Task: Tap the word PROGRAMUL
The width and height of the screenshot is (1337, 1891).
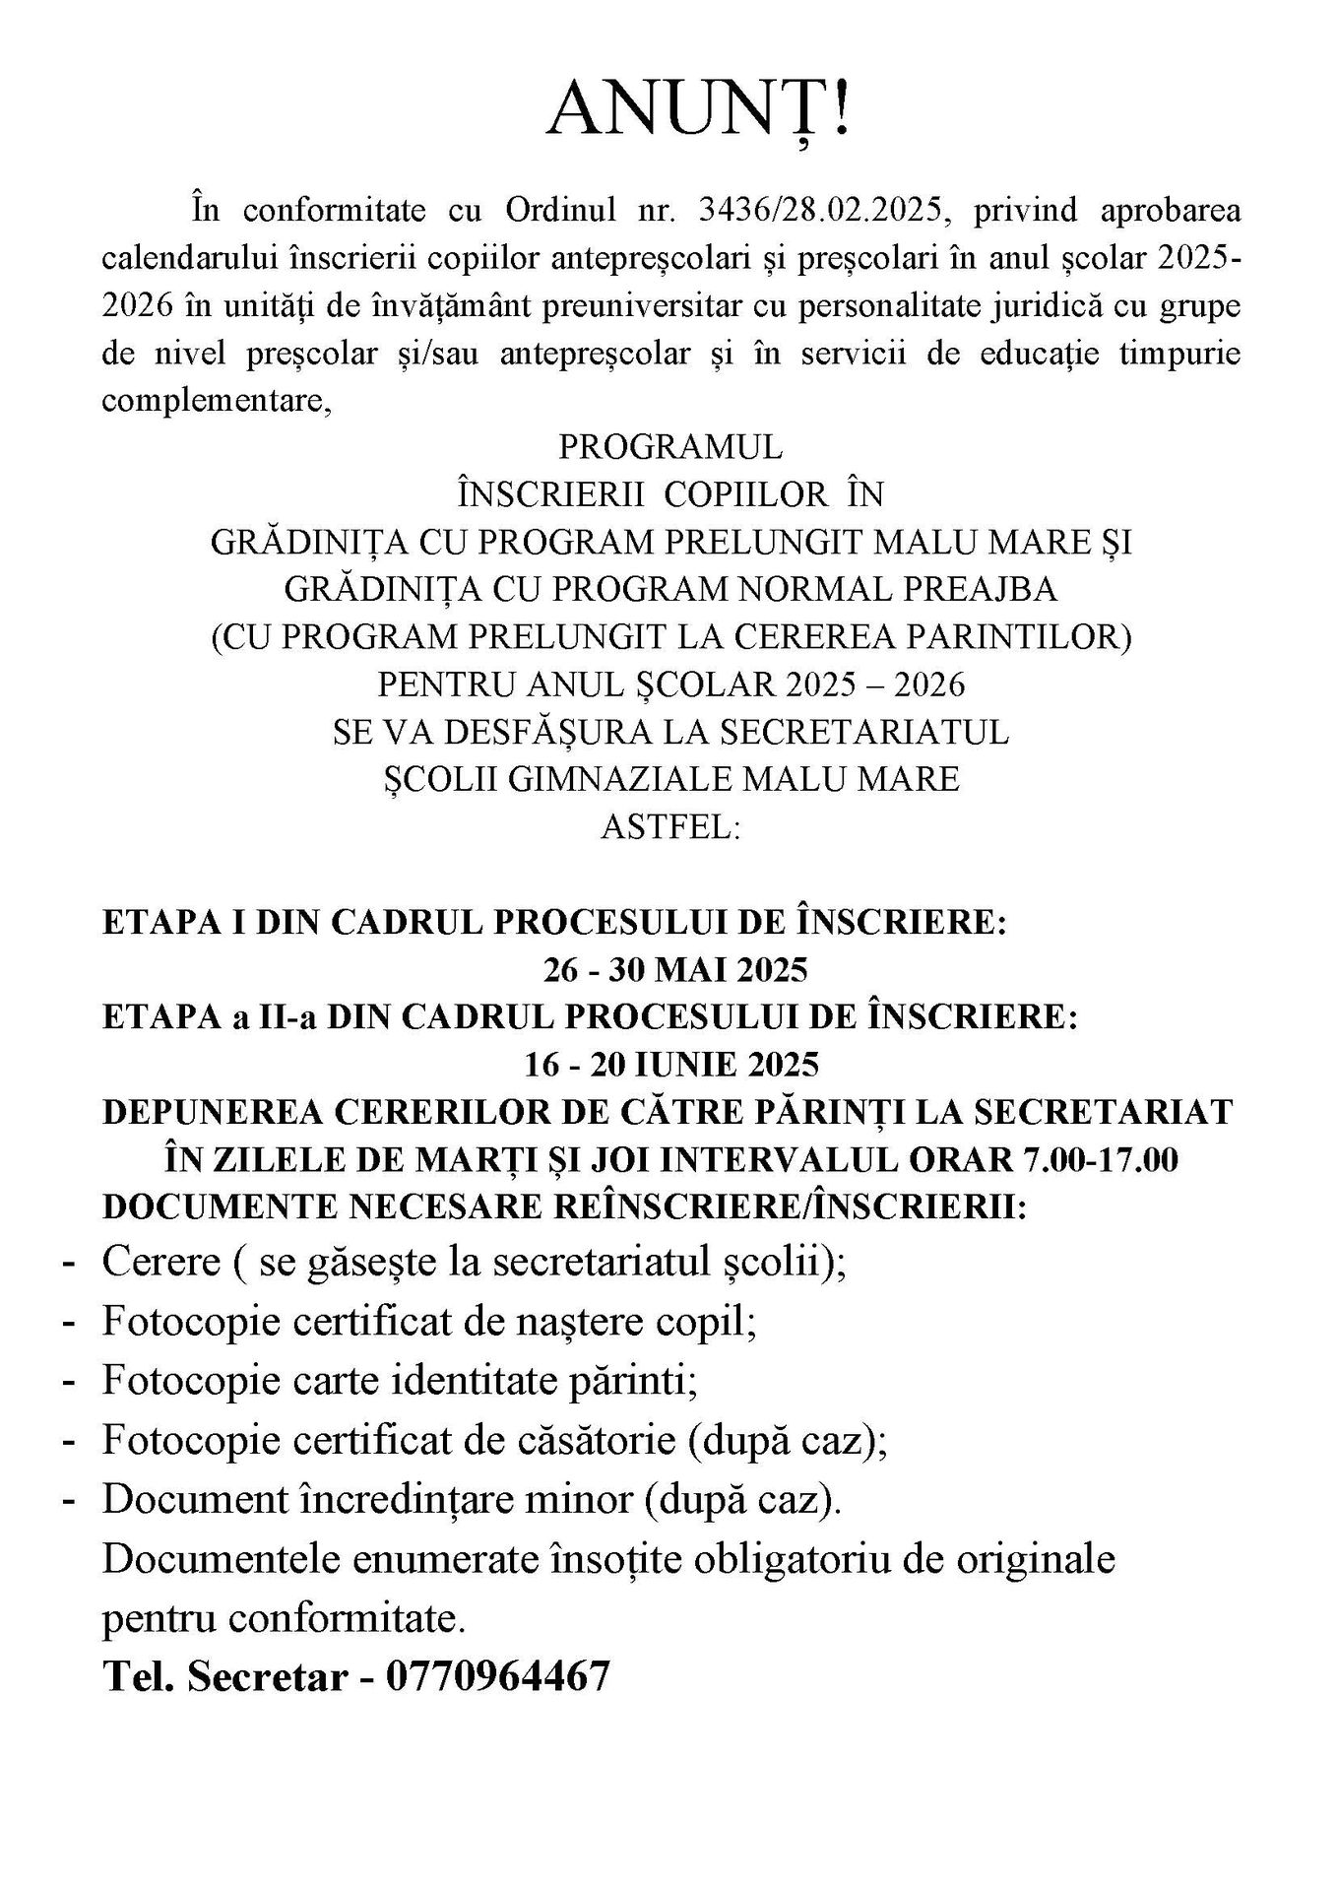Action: coord(670,447)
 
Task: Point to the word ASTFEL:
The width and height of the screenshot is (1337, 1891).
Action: coord(669,826)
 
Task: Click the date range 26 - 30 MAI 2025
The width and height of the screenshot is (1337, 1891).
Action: coord(675,970)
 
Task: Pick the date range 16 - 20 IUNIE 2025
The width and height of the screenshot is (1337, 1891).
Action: coord(672,1065)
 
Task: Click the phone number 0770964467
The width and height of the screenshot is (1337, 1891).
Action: coord(498,1675)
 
